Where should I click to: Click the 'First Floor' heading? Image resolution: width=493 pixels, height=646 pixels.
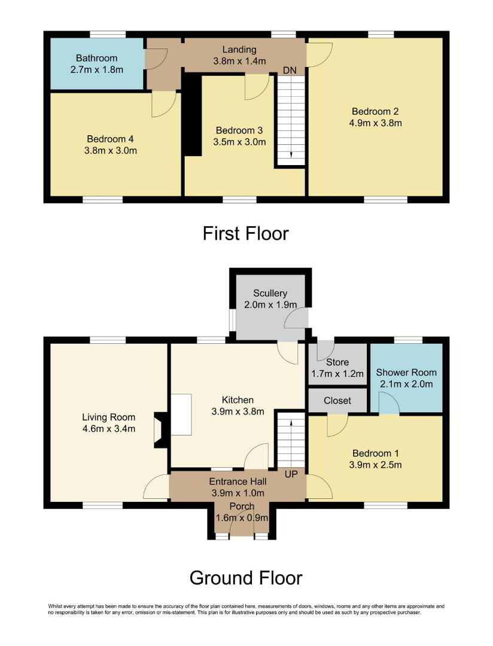point(246,234)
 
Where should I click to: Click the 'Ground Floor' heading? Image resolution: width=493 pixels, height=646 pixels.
point(246,578)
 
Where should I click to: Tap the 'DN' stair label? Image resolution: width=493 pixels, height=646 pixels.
point(290,71)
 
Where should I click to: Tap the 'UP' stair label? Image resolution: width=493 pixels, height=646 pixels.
point(291,474)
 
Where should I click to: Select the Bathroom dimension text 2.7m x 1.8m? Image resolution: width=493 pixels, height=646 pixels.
point(97,69)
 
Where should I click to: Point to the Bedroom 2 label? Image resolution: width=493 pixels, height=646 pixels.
point(375,111)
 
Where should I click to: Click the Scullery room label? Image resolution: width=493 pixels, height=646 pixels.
point(270,293)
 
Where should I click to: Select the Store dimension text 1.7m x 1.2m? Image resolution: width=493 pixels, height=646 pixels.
point(337,374)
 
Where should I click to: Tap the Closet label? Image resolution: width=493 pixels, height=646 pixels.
point(337,400)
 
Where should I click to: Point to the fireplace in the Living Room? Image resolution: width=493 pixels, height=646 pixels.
point(160,430)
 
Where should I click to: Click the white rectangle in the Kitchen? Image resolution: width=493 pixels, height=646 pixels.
point(181,415)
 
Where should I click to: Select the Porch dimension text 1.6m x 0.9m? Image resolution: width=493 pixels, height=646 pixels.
point(242,518)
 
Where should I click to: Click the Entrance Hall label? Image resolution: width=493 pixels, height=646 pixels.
point(238,481)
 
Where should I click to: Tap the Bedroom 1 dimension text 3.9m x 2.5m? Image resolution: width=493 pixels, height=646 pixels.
point(376,465)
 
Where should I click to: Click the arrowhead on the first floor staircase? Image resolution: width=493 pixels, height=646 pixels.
point(291,154)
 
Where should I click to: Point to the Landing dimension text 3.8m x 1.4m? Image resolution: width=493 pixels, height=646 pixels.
point(239,61)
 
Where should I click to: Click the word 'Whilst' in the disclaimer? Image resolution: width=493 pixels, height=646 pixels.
point(55,606)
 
